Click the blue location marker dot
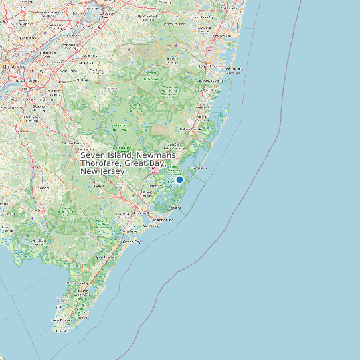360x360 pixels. (179, 179)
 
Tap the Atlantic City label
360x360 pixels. (162, 219)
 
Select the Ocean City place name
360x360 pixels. (131, 242)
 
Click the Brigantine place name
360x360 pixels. (174, 207)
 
